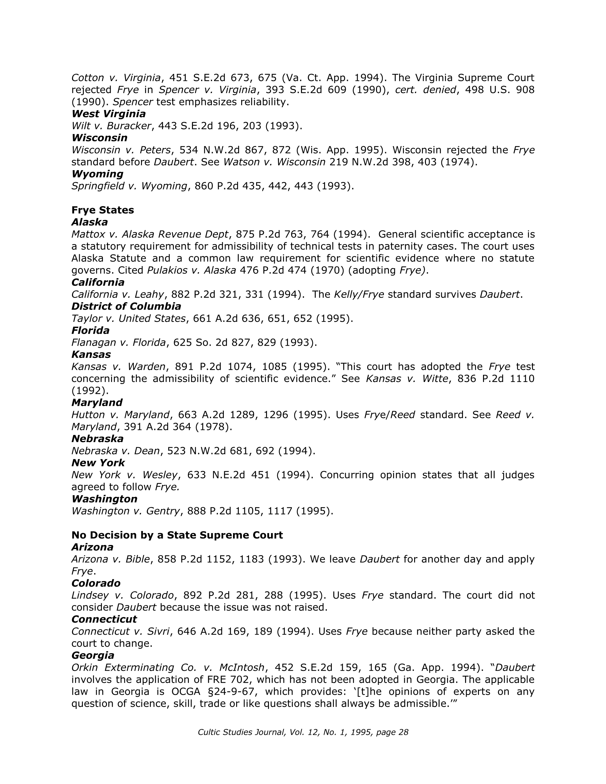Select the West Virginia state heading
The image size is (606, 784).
tap(108, 114)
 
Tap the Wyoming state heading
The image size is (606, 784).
tap(97, 174)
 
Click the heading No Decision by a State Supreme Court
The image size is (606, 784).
tap(177, 535)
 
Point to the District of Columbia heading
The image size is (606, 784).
tap(126, 307)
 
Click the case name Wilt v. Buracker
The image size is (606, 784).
tap(111, 126)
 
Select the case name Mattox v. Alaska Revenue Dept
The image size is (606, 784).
tap(150, 234)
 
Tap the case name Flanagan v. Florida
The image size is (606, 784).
tap(119, 343)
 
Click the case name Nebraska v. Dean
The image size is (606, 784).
tap(115, 451)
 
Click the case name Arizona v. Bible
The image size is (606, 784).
tap(110, 559)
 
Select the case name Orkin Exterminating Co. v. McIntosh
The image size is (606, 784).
tap(168, 668)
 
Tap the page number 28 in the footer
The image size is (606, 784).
tap(404, 732)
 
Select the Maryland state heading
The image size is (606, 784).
tap(96, 403)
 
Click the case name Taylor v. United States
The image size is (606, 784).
tap(128, 319)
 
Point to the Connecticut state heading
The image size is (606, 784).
tap(104, 619)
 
